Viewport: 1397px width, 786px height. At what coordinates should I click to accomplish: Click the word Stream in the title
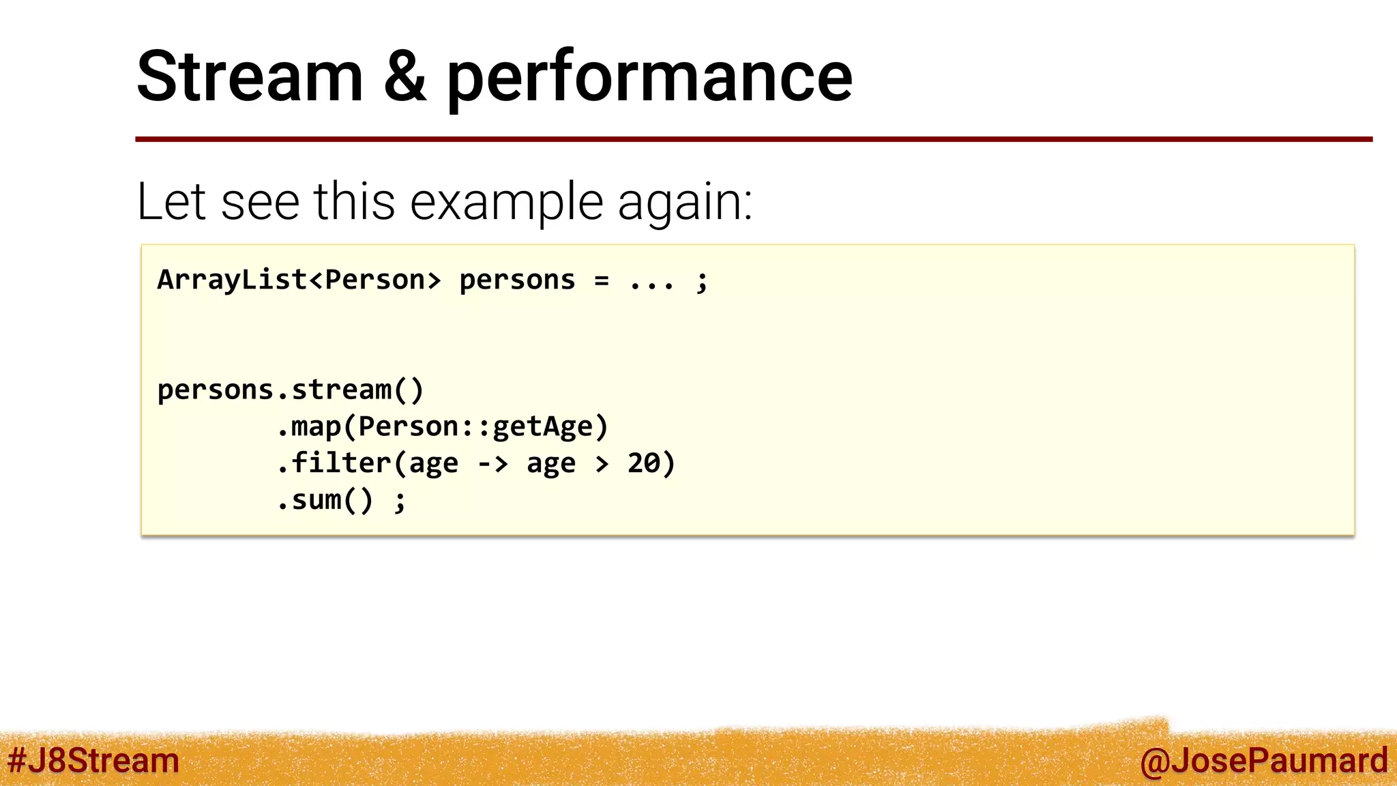[x=250, y=76]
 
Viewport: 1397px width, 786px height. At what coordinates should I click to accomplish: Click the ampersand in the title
[x=405, y=76]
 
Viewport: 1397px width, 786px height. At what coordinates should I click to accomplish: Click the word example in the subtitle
[x=506, y=202]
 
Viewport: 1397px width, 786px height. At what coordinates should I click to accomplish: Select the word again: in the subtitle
[x=684, y=203]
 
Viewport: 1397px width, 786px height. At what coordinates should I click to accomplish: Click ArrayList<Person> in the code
[x=299, y=280]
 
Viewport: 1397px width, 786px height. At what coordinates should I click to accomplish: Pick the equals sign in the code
[x=601, y=280]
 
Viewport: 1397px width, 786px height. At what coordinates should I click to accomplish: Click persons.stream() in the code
[x=291, y=390]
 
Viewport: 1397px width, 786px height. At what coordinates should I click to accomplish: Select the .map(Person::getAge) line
[x=442, y=427]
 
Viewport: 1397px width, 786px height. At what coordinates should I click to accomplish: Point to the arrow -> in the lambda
[x=492, y=464]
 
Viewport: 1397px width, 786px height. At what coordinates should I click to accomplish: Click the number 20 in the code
[x=643, y=463]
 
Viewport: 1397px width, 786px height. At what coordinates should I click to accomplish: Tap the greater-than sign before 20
[x=602, y=464]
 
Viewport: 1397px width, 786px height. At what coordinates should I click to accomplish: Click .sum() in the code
[x=325, y=500]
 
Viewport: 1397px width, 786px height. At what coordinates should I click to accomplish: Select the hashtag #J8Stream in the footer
[x=93, y=761]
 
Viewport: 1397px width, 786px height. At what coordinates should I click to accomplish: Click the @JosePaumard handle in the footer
[x=1263, y=761]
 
